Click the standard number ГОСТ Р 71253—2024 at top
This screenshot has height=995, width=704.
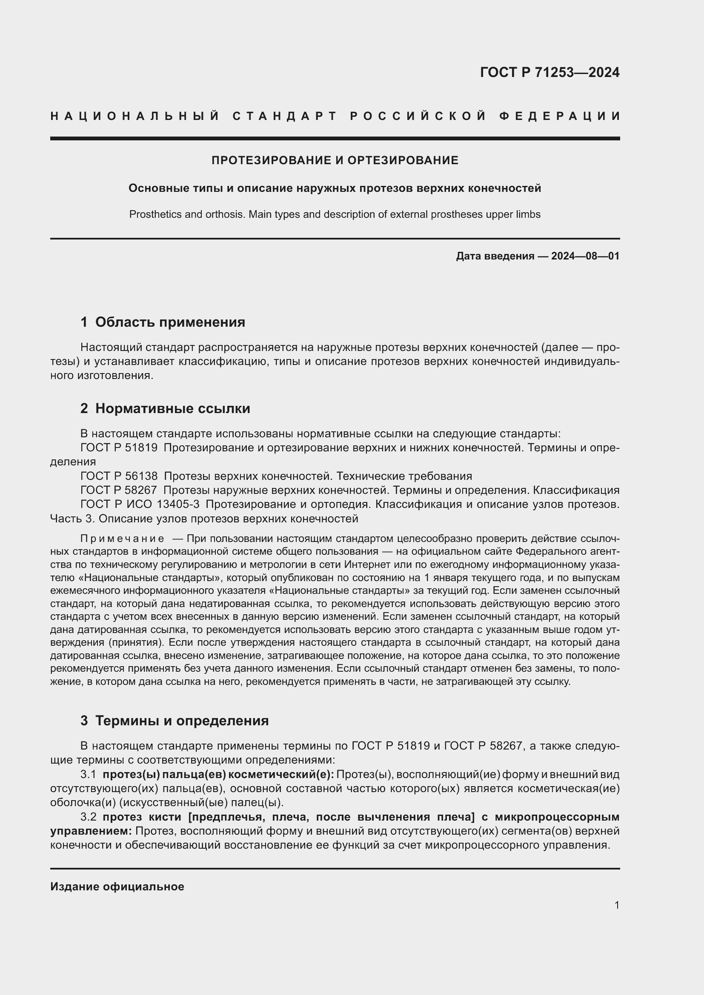pos(549,72)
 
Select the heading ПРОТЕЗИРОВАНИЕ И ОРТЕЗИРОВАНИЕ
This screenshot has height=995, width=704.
pos(335,160)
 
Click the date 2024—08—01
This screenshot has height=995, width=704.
pos(585,256)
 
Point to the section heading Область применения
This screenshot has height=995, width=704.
pos(170,322)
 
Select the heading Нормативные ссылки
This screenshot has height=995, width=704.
pos(172,408)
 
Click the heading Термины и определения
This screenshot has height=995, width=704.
pos(182,721)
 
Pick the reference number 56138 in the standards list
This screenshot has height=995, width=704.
pos(141,476)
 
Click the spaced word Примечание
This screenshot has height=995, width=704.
pos(122,539)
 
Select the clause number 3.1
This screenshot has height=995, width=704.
pos(88,774)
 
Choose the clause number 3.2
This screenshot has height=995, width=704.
pos(88,817)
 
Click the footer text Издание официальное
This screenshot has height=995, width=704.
pos(117,887)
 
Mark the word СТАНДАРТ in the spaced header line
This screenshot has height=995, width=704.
pos(284,116)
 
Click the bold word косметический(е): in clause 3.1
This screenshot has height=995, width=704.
pos(281,774)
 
